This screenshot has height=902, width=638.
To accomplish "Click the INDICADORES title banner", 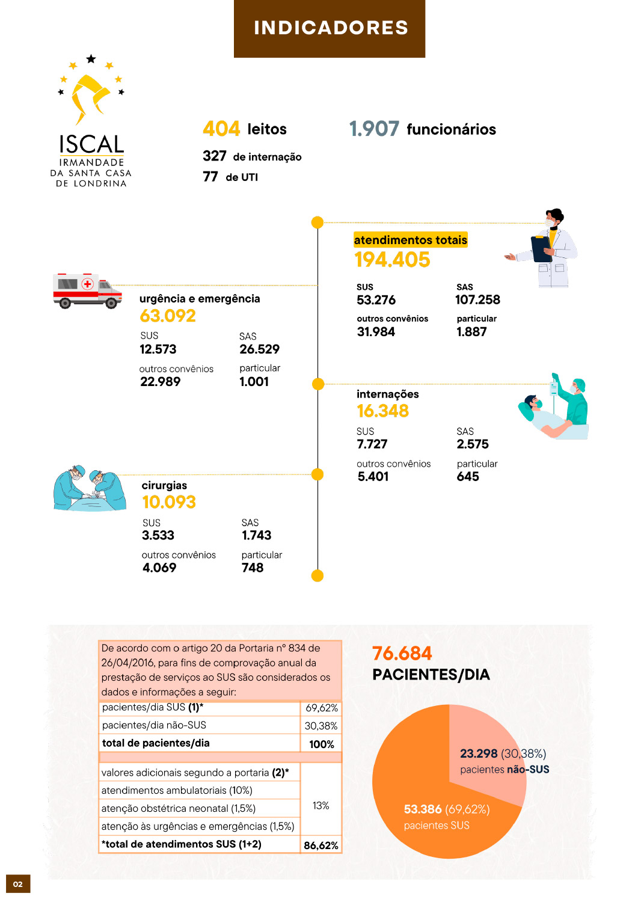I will (x=330, y=28).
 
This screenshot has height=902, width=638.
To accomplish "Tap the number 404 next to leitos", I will (x=221, y=129).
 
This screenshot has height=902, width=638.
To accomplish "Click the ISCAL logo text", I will (x=91, y=145).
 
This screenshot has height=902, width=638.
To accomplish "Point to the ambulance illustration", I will (x=87, y=291).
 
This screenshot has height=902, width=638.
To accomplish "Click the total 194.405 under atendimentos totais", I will (x=392, y=260).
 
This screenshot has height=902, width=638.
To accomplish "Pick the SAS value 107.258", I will (x=477, y=299).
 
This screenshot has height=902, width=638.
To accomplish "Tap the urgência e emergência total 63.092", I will (x=168, y=316).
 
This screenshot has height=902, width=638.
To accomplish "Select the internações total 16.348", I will (x=382, y=411).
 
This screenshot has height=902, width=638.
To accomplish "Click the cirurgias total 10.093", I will (x=169, y=502).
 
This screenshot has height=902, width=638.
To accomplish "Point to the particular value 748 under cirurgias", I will (x=253, y=568).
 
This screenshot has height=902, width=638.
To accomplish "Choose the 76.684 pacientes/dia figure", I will (x=402, y=654).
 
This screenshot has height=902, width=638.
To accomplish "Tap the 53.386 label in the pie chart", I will (x=423, y=809).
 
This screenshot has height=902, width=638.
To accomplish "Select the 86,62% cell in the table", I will (x=321, y=845).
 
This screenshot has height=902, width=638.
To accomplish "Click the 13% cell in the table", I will (x=321, y=806).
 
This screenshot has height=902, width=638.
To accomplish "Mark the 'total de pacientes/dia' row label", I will (x=156, y=743).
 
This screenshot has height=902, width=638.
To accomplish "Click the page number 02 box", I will (x=18, y=884).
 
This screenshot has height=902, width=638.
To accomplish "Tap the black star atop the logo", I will (x=91, y=58).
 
